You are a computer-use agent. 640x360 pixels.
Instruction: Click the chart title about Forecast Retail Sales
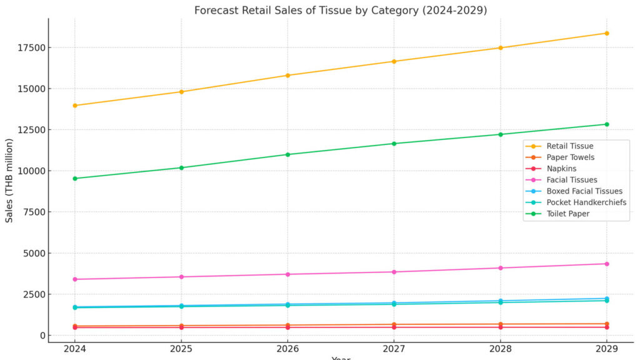click(x=341, y=10)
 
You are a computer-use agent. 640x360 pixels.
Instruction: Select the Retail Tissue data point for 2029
click(x=606, y=33)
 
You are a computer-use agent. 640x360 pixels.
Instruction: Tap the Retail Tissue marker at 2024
click(x=75, y=105)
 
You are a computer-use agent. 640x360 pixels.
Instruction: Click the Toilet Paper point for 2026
click(x=287, y=154)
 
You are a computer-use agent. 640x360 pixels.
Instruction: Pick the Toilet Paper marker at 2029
click(x=606, y=124)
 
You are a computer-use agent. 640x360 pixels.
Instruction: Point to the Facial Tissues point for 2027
click(x=394, y=272)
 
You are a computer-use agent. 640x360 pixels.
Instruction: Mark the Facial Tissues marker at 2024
click(x=75, y=279)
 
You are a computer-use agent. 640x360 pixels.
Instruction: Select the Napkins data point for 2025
click(x=181, y=327)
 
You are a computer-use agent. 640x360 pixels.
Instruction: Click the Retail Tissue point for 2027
click(x=394, y=61)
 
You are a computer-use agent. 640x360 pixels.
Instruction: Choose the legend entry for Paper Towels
click(x=570, y=157)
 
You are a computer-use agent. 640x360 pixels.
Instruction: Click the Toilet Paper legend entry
click(x=568, y=214)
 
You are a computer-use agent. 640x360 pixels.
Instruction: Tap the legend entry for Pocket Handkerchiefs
click(x=586, y=202)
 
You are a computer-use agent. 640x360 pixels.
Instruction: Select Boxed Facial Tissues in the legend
click(x=584, y=191)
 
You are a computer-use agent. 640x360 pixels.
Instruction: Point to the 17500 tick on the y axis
click(x=32, y=48)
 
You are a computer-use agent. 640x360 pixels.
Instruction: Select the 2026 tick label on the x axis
click(x=287, y=347)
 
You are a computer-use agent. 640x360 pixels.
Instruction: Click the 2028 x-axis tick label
click(x=500, y=347)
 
